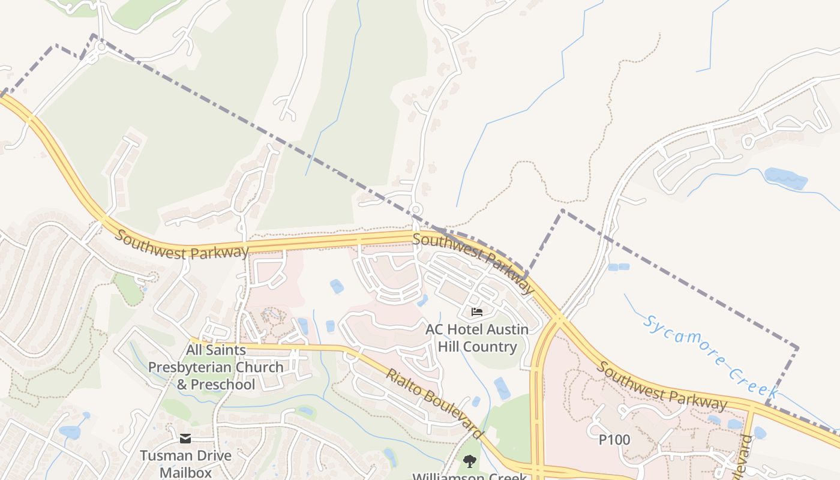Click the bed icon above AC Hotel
(477, 311)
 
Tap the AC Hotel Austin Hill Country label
(477, 338)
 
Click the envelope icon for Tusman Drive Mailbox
(185, 439)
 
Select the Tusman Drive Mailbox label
(185, 463)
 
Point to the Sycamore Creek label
(710, 356)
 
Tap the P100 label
(614, 440)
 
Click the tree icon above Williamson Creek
(469, 461)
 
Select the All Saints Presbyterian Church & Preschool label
(216, 367)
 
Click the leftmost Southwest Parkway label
(181, 245)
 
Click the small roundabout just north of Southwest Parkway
(415, 209)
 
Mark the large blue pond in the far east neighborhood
(786, 178)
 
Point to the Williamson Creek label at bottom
(469, 476)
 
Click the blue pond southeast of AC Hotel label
(502, 388)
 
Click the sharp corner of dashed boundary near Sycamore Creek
(797, 347)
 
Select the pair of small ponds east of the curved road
(618, 267)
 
